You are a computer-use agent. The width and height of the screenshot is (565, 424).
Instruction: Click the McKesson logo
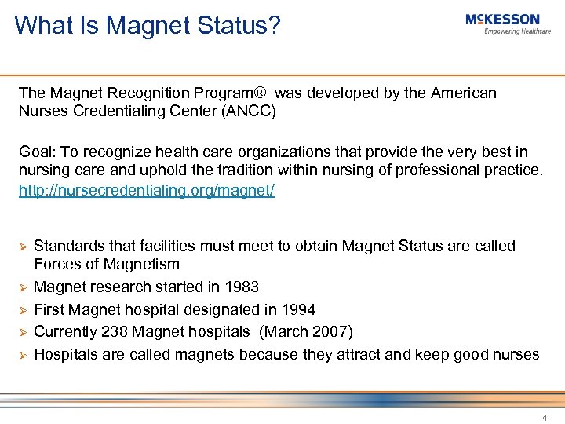click(502, 20)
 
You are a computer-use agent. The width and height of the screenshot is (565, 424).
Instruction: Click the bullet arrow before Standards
click(23, 247)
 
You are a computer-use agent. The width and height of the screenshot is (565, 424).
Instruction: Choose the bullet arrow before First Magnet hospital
click(23, 310)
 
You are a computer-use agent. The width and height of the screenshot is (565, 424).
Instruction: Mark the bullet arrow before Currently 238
click(23, 332)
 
